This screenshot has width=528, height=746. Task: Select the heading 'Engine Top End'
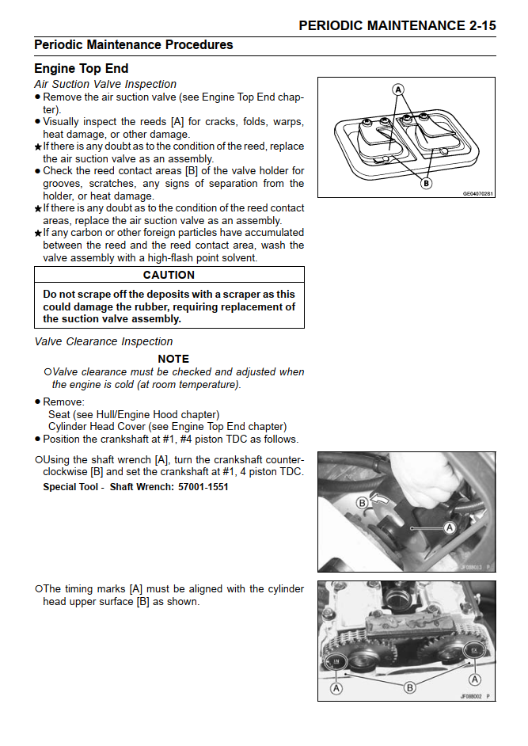[81, 69]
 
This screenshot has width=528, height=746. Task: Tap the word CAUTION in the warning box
[169, 275]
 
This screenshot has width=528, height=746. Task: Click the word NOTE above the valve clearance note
[173, 359]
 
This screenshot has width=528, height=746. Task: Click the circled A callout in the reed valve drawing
[398, 89]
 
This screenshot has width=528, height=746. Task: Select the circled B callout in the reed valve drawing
[426, 183]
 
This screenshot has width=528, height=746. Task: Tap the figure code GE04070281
[477, 193]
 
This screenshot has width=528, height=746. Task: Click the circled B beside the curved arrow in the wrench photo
[362, 502]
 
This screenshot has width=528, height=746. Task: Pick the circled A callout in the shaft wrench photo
[450, 527]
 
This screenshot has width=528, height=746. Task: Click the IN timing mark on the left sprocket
[336, 661]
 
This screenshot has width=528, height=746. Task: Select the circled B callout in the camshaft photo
[410, 687]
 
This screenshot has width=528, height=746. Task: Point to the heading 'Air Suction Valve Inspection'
[105, 84]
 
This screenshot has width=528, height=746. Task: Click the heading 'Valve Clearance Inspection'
[104, 341]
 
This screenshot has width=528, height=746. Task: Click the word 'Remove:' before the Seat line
[64, 402]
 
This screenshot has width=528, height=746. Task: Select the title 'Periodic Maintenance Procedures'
[133, 45]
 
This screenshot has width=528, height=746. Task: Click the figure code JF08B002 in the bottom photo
[472, 696]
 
